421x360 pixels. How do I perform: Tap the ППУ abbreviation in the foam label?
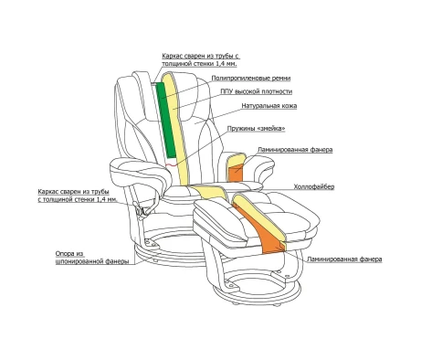pyautogui.click(x=226, y=91)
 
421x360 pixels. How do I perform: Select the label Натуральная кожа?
pyautogui.click(x=269, y=106)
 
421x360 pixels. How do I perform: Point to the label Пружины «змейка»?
pyautogui.click(x=257, y=129)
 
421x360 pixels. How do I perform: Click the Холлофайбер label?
pyautogui.click(x=314, y=186)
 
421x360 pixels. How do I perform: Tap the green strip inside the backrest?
pyautogui.click(x=166, y=122)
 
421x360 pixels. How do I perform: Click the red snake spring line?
pyautogui.click(x=171, y=164)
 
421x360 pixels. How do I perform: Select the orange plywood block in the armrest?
pyautogui.click(x=236, y=174)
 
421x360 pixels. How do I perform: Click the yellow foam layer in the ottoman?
pyautogui.click(x=261, y=217)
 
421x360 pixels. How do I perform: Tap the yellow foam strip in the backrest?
pyautogui.click(x=176, y=128)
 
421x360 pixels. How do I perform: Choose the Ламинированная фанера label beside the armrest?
pyautogui.click(x=295, y=150)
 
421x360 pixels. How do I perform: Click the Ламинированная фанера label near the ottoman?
pyautogui.click(x=344, y=259)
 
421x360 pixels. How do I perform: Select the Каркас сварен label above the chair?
pyautogui.click(x=200, y=60)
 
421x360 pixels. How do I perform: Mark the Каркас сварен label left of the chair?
pyautogui.click(x=78, y=196)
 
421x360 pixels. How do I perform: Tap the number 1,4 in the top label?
pyautogui.click(x=223, y=64)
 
